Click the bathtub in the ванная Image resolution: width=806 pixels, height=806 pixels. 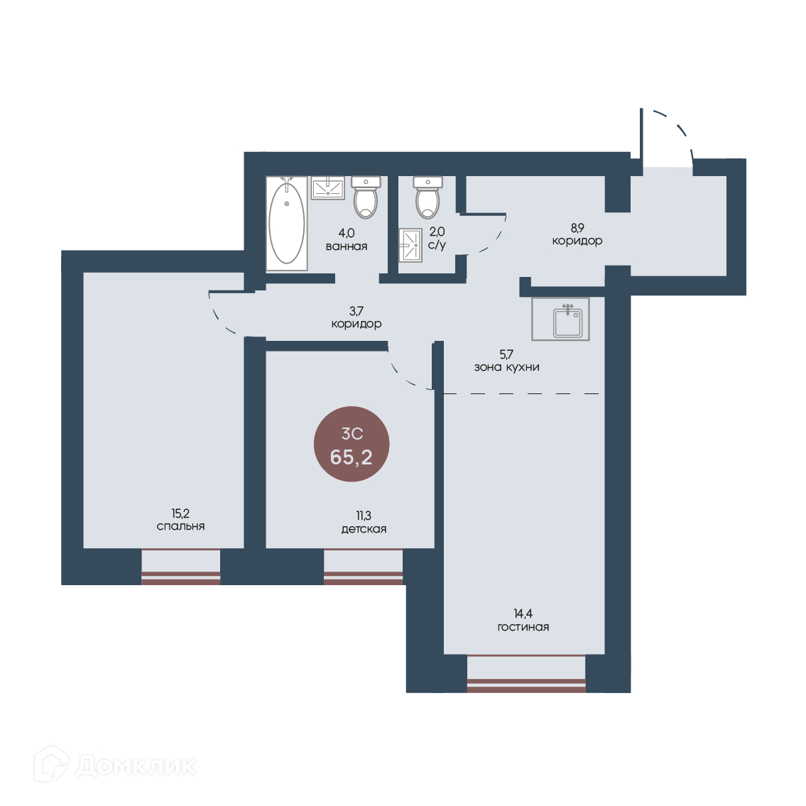pyautogui.click(x=287, y=223)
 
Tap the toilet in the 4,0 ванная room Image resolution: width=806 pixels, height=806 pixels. pyautogui.click(x=366, y=197)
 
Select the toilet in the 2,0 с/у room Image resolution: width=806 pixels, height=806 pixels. pyautogui.click(x=427, y=197)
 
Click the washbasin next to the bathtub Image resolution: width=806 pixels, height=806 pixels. pyautogui.click(x=328, y=187)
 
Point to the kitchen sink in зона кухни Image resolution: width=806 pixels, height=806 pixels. pyautogui.click(x=561, y=319)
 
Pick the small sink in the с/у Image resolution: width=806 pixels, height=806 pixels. pyautogui.click(x=410, y=245)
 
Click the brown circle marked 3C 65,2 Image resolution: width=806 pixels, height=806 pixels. pyautogui.click(x=352, y=444)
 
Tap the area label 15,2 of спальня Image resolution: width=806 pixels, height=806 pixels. pyautogui.click(x=180, y=513)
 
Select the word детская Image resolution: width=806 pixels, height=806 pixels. pyautogui.click(x=364, y=529)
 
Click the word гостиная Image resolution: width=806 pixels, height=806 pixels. pyautogui.click(x=523, y=627)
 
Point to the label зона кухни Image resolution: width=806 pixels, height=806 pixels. pyautogui.click(x=507, y=367)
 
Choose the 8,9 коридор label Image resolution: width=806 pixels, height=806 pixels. pyautogui.click(x=577, y=234)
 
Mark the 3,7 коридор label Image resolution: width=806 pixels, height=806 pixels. pyautogui.click(x=356, y=317)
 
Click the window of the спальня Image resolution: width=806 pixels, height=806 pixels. pyautogui.click(x=181, y=567)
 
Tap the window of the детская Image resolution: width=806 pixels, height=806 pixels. pyautogui.click(x=364, y=567)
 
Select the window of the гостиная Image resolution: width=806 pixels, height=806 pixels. pyautogui.click(x=526, y=673)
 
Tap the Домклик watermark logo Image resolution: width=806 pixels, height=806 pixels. pyautogui.click(x=115, y=766)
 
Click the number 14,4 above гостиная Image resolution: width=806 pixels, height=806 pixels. pyautogui.click(x=523, y=614)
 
